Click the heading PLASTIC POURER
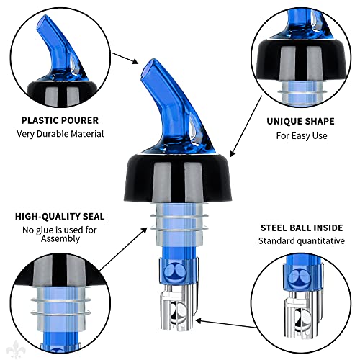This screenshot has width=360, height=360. point(60,120)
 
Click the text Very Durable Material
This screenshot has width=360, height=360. point(60,134)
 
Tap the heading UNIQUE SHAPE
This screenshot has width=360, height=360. point(300,121)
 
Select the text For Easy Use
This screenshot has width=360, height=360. point(302,136)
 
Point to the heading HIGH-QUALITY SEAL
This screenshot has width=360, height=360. point(60,217)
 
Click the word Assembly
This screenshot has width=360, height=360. point(60,239)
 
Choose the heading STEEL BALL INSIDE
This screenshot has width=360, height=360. point(302,228)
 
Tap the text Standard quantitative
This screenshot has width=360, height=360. point(302,240)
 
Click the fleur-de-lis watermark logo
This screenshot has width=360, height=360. point(16,349)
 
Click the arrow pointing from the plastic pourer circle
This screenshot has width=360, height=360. point(125,58)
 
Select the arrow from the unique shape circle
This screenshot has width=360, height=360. point(246,127)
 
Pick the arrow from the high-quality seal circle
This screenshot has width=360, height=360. point(123,249)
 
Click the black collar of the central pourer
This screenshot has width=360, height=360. point(178,178)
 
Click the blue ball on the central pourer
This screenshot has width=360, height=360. point(176,274)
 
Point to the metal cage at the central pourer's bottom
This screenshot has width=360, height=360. point(179,308)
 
